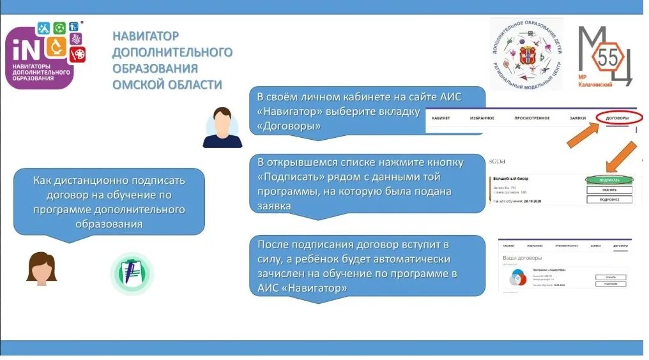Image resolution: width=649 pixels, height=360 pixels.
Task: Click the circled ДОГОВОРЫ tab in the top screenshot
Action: click(x=617, y=119)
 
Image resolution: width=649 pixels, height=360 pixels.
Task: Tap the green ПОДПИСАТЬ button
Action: click(x=609, y=180)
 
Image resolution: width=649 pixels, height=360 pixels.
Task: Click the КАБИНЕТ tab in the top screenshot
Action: click(x=441, y=119)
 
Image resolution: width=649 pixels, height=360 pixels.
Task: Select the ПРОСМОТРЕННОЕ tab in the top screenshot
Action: click(x=531, y=119)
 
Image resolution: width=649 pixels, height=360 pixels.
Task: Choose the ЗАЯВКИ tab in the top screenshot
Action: click(x=577, y=119)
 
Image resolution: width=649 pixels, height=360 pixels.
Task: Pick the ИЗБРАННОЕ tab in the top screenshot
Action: click(x=482, y=119)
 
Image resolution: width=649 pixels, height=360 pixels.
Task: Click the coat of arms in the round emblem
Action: click(x=527, y=56)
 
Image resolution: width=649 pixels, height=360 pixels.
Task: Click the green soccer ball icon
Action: click(x=59, y=27)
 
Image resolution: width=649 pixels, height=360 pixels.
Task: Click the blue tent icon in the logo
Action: click(x=43, y=28)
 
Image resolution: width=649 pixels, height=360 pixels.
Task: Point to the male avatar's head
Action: click(x=222, y=119)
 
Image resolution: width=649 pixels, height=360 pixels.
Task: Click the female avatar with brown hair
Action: click(x=42, y=268)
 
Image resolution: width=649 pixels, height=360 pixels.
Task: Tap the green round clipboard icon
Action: click(x=132, y=273)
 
